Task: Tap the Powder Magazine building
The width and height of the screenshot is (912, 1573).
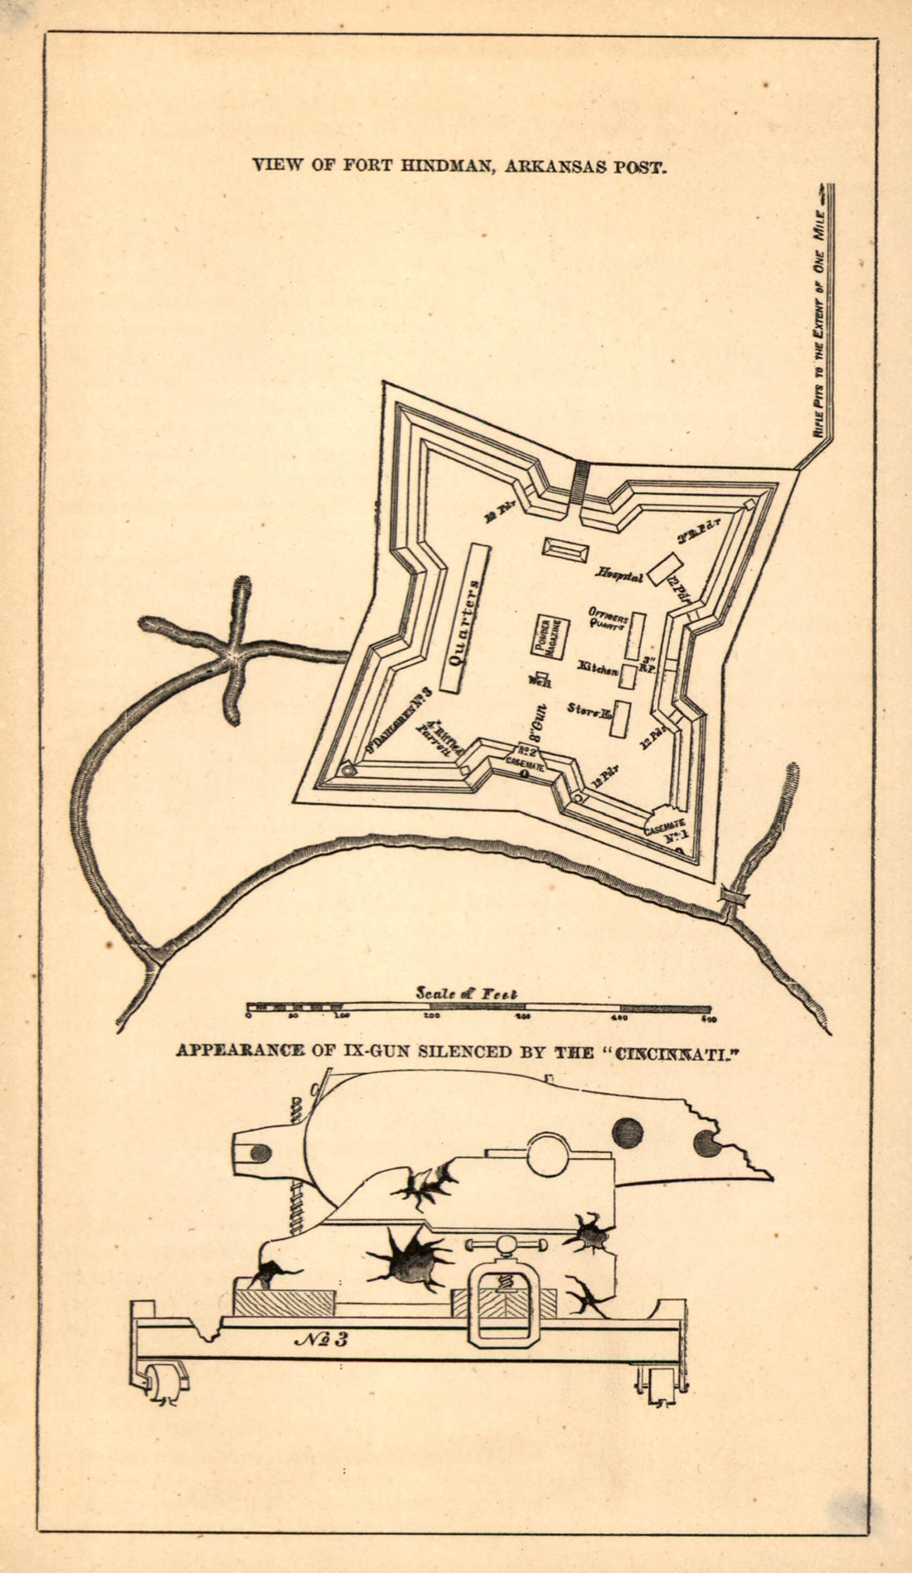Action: coord(551,637)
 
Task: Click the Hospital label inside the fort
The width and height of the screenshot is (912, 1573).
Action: coord(619,574)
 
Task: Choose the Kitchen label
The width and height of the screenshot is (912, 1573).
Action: coord(598,667)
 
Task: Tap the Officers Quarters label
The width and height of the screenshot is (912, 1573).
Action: coord(608,618)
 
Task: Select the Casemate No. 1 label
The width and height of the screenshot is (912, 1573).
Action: coord(668,830)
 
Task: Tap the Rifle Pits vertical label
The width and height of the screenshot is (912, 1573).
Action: coord(818,323)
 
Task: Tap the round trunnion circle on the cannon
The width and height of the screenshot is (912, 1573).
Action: coord(549,1154)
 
